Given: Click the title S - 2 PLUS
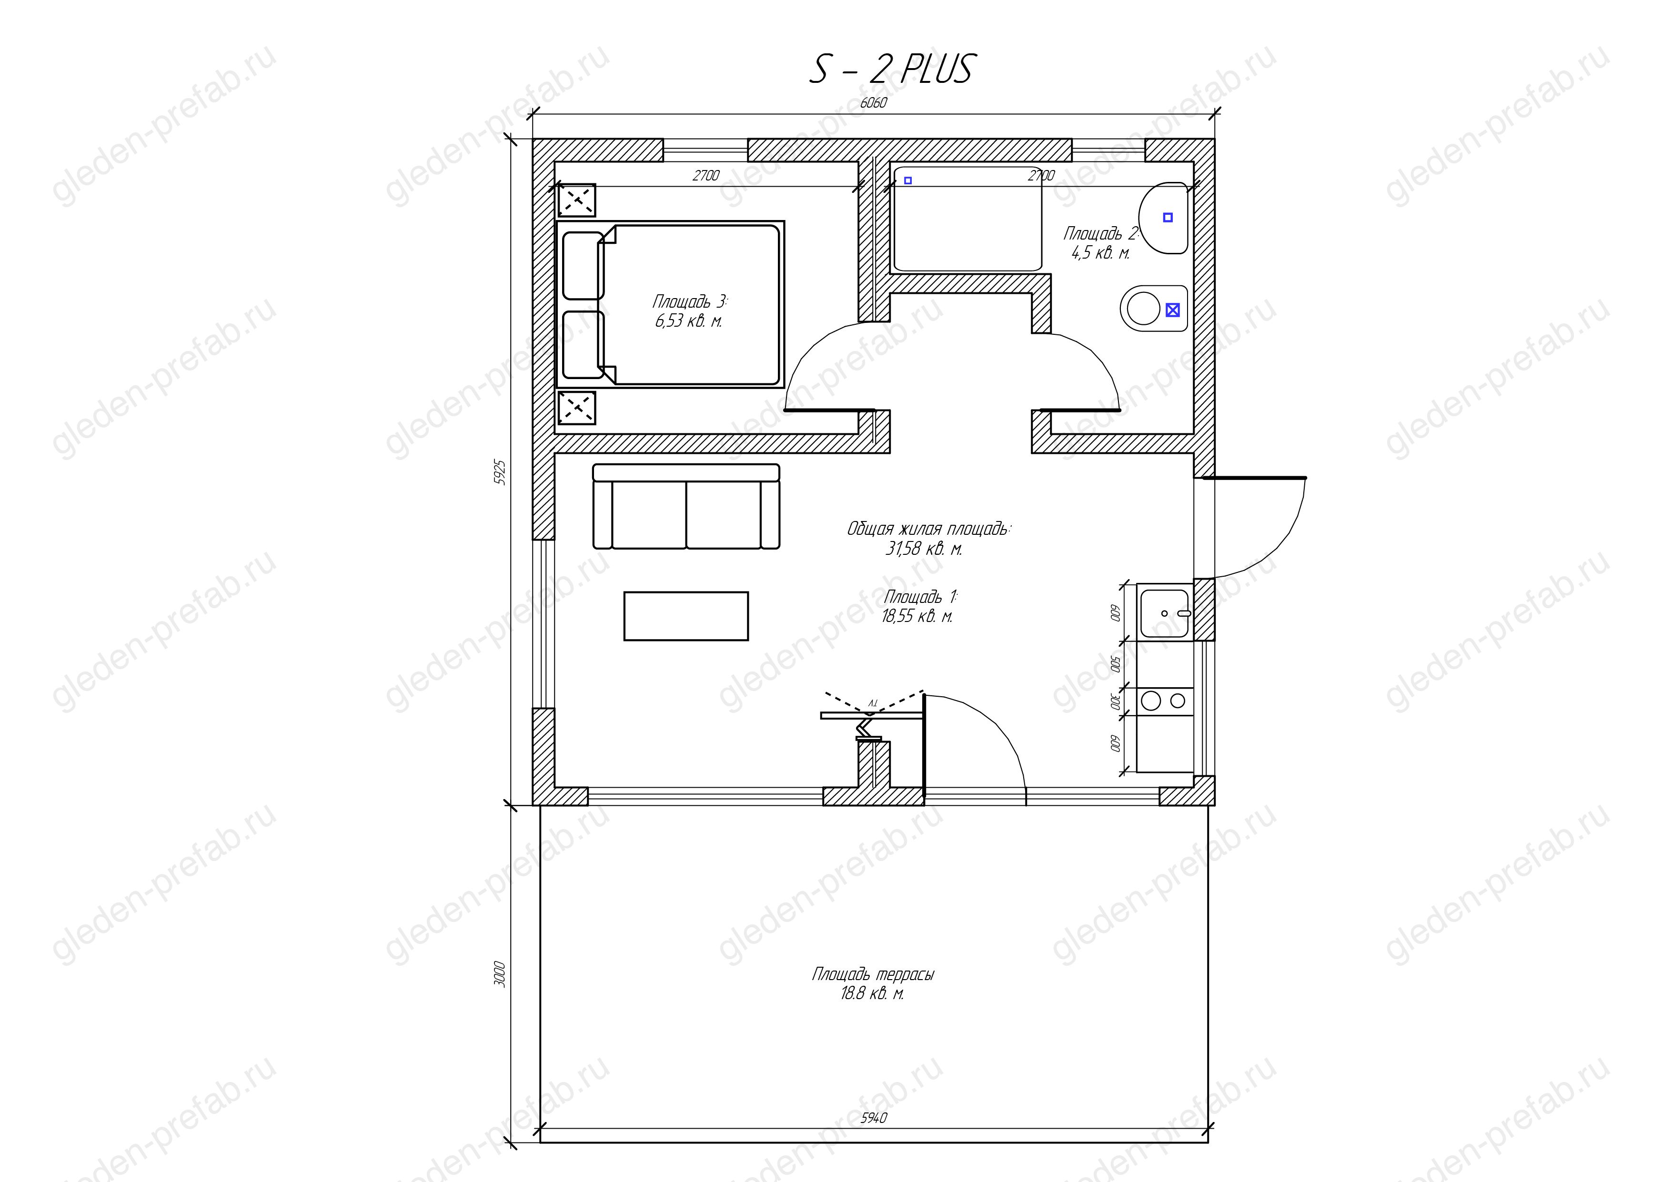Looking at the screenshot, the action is pyautogui.click(x=891, y=70).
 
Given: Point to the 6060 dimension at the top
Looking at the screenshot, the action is pyautogui.click(x=873, y=102).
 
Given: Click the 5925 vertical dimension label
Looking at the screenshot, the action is pyautogui.click(x=500, y=471).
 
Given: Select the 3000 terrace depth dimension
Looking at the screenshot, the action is pyautogui.click(x=500, y=974).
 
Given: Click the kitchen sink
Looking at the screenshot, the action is pyautogui.click(x=1165, y=613).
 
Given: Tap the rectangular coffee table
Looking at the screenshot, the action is pyautogui.click(x=686, y=616).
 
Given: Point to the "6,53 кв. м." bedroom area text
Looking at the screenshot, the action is pyautogui.click(x=688, y=321).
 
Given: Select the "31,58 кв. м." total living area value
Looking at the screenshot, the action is pyautogui.click(x=923, y=549).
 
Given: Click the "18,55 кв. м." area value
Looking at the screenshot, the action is pyautogui.click(x=917, y=616).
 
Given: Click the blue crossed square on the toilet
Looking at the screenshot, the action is pyautogui.click(x=1172, y=310).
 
